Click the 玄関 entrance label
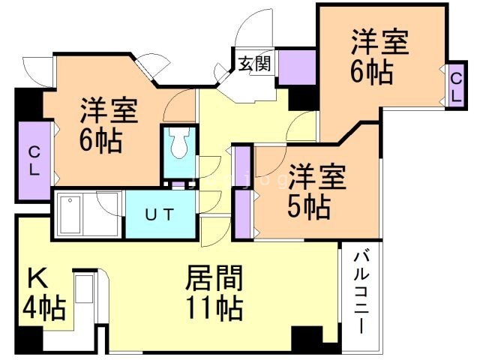[x=255, y=64]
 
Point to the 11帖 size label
[x=214, y=308]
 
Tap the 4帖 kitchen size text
[x=43, y=307]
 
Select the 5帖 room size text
[x=308, y=207]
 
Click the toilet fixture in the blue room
[x=179, y=144]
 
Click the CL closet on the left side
[x=33, y=160]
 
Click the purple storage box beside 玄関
[x=297, y=68]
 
